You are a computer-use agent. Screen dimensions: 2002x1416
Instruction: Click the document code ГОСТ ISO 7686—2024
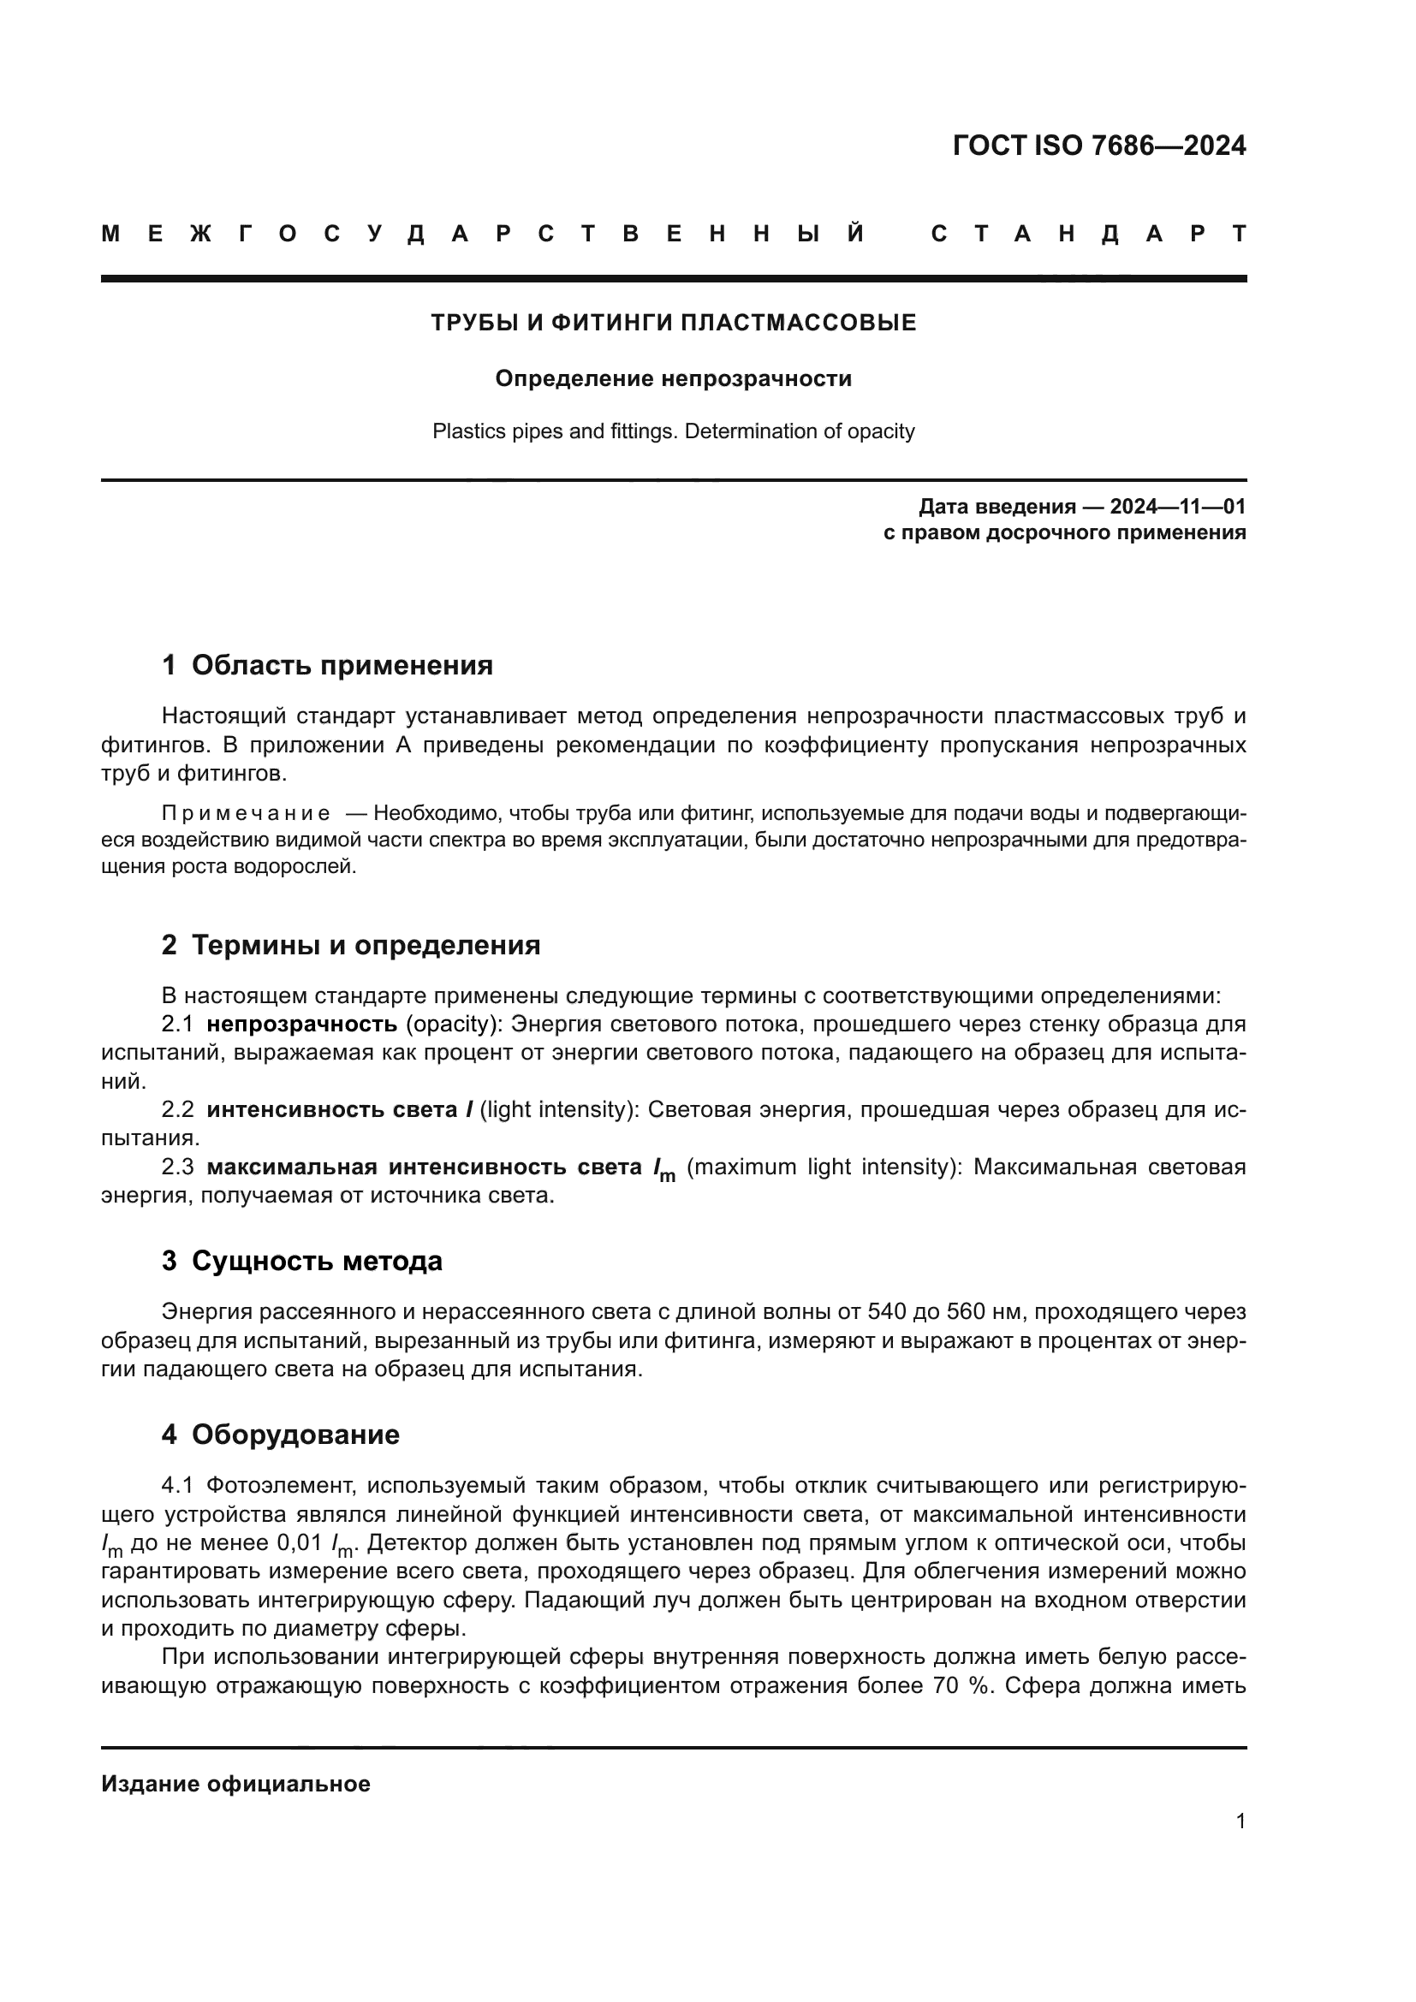click(1098, 146)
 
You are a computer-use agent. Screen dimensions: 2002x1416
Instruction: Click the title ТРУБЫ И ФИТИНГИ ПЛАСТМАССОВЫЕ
click(673, 323)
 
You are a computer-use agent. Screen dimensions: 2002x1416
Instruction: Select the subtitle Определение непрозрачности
click(673, 378)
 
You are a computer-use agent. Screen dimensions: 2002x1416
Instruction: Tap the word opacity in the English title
click(879, 431)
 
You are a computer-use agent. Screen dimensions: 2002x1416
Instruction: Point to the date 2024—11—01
click(1177, 507)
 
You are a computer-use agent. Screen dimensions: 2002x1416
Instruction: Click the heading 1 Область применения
click(327, 665)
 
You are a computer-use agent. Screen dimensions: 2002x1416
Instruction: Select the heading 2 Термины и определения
click(350, 945)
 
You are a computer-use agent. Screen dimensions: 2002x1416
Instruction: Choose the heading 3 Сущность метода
click(301, 1261)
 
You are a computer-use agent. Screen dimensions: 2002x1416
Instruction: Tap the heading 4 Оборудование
click(280, 1435)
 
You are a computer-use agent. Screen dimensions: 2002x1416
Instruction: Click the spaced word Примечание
click(246, 813)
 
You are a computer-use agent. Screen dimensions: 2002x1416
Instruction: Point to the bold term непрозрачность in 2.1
click(301, 1024)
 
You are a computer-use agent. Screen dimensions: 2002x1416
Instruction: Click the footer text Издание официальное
click(235, 1784)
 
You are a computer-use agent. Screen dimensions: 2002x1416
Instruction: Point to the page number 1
click(1240, 1821)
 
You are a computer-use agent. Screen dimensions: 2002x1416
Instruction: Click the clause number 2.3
click(177, 1167)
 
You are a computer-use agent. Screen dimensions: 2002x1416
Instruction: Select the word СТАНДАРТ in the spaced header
click(1088, 234)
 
